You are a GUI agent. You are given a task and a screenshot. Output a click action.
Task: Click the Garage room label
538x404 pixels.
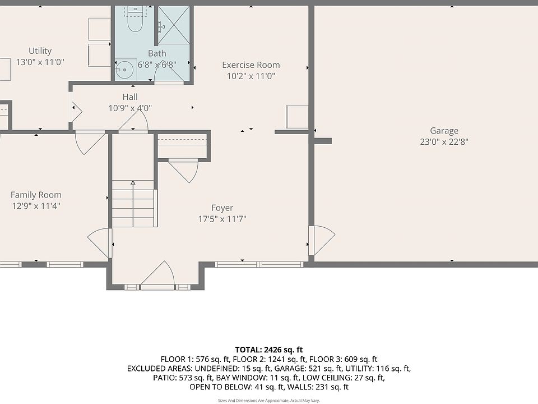tap(444, 131)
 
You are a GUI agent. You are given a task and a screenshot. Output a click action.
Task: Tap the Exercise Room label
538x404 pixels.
tap(251, 65)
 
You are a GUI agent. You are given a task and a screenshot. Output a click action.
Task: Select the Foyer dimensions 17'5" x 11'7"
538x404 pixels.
tap(222, 219)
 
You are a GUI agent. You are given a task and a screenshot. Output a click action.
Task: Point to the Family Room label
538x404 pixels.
tap(36, 195)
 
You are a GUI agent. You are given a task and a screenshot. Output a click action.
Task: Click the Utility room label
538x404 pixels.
tap(40, 51)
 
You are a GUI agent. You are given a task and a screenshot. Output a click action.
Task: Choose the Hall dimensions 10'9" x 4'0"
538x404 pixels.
tap(130, 108)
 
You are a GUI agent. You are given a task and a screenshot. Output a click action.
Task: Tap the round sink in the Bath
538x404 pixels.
tap(124, 70)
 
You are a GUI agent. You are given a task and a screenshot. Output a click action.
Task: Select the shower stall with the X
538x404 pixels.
tap(174, 25)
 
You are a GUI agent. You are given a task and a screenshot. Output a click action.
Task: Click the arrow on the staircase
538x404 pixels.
tap(133, 203)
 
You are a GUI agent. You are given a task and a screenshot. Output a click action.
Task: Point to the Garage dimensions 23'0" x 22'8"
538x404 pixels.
tap(444, 142)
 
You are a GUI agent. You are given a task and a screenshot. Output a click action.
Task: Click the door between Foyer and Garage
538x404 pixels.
tap(322, 241)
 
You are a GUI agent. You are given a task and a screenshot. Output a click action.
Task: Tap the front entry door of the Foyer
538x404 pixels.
tap(158, 274)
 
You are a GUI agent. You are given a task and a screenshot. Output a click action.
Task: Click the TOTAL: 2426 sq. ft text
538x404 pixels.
tap(269, 350)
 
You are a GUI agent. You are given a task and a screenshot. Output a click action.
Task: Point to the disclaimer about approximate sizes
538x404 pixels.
tap(269, 401)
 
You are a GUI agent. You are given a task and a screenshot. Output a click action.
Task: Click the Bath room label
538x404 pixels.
tap(157, 54)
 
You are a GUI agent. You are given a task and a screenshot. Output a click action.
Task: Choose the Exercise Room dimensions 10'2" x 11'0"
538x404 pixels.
tap(251, 76)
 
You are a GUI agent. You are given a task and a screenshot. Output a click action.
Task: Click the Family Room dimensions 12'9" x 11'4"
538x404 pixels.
tap(36, 206)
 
